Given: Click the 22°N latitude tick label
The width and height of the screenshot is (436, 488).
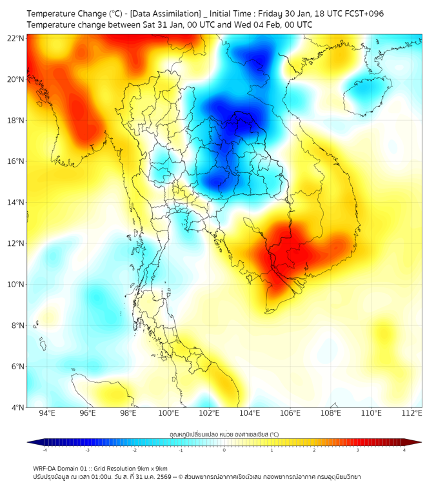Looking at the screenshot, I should click(x=16, y=38).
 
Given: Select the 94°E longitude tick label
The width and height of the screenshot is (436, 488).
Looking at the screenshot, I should click(x=46, y=413).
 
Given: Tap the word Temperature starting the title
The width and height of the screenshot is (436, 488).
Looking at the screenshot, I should click(x=52, y=14).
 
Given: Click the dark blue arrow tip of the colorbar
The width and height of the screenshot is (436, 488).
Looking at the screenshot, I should click(x=30, y=442).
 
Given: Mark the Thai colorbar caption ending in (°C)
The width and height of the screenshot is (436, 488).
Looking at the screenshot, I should click(x=224, y=434).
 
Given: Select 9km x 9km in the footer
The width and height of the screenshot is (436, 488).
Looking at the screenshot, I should click(x=153, y=469).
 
